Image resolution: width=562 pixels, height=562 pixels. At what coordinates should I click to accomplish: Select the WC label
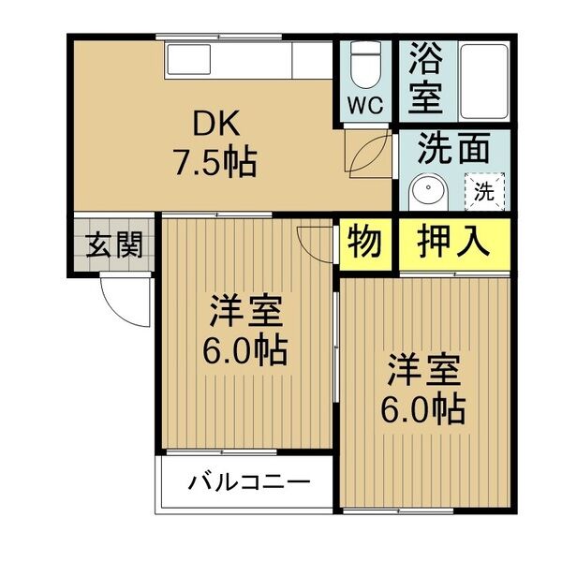[366, 105]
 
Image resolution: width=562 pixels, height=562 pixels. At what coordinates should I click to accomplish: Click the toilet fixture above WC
[365, 66]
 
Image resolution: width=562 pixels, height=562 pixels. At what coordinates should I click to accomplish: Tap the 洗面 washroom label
[453, 148]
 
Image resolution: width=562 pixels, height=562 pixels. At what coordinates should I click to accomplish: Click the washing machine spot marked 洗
[483, 193]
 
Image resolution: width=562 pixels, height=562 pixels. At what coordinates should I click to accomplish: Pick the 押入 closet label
[453, 243]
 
